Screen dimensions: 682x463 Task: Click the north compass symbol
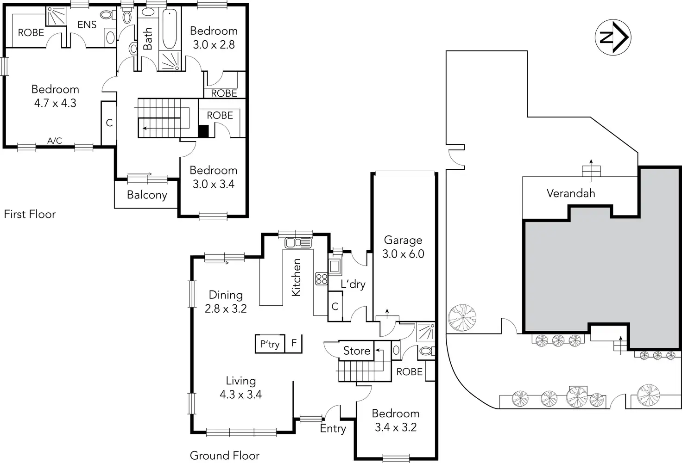pyautogui.click(x=613, y=37)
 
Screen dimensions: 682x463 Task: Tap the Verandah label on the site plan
pyautogui.click(x=570, y=193)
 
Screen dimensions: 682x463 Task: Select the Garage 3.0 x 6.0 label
pyautogui.click(x=403, y=247)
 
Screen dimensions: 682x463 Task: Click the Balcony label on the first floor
pyautogui.click(x=147, y=195)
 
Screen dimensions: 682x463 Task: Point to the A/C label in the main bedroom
pyautogui.click(x=55, y=141)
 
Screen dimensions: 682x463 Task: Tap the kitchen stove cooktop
pyautogui.click(x=322, y=278)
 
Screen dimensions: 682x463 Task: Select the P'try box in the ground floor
pyautogui.click(x=270, y=344)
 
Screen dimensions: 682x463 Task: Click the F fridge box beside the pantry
pyautogui.click(x=294, y=343)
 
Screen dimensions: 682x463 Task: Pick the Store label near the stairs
pyautogui.click(x=357, y=351)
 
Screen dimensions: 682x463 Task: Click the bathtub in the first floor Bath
pyautogui.click(x=169, y=29)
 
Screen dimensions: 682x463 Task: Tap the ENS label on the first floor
pyautogui.click(x=87, y=25)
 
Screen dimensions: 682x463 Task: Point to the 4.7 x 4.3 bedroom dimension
pyautogui.click(x=55, y=103)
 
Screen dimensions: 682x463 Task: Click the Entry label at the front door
pyautogui.click(x=333, y=429)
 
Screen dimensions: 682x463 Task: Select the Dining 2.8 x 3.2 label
pyautogui.click(x=226, y=302)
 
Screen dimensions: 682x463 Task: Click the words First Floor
pyautogui.click(x=30, y=214)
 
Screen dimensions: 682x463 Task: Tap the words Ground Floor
pyautogui.click(x=225, y=456)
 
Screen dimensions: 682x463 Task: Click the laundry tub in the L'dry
pyautogui.click(x=335, y=267)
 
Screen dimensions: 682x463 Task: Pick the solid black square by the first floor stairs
pyautogui.click(x=203, y=131)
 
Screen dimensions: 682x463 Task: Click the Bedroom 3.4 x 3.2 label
pyautogui.click(x=396, y=420)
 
